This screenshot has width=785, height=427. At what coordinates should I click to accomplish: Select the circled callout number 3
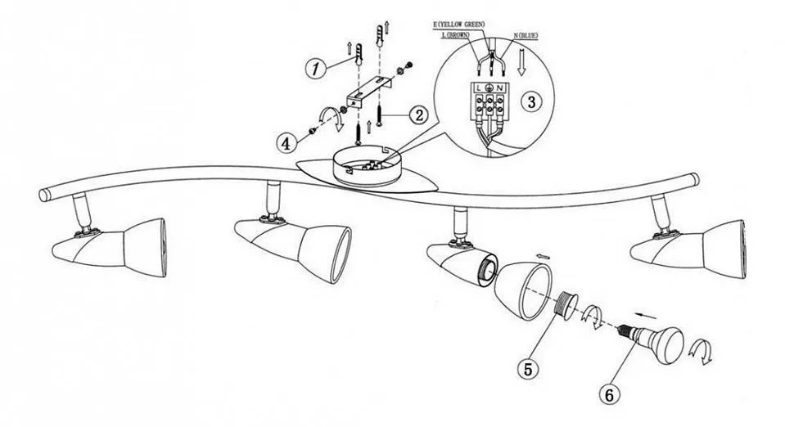[531, 101]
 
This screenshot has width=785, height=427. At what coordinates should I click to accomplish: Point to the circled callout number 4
[286, 142]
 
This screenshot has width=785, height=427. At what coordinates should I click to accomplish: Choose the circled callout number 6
[608, 394]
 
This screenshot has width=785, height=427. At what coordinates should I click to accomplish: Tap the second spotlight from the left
[295, 236]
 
